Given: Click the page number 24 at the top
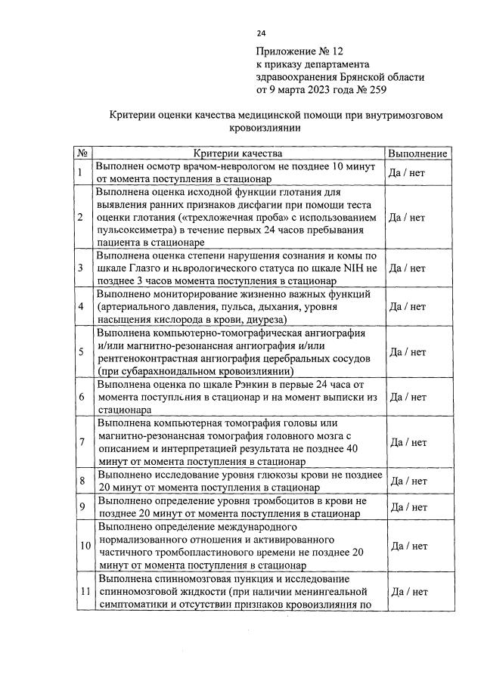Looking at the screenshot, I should click(261, 33).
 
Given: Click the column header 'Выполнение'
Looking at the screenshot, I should click(417, 153).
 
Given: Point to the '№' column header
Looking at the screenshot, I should click(82, 153).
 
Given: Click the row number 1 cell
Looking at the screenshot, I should click(80, 172).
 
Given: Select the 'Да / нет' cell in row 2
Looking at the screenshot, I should click(406, 218).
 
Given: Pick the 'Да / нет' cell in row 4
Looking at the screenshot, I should click(406, 307).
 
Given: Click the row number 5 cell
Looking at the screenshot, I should click(80, 352).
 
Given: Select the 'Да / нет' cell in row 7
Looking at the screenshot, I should click(406, 442).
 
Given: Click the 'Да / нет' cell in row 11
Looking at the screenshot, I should click(406, 592).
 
